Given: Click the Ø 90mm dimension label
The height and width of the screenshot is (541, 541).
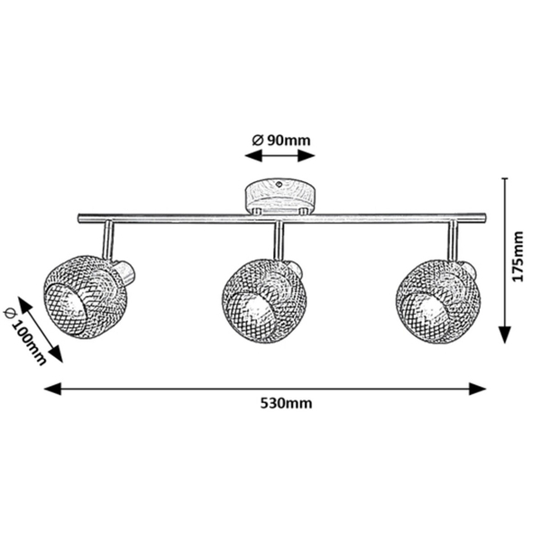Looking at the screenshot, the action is [281, 141].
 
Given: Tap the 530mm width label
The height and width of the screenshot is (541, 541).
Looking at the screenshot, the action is [286, 403].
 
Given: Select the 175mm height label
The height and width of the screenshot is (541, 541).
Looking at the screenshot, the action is [518, 256].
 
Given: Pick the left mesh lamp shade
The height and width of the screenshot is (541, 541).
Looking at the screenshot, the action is [86, 297].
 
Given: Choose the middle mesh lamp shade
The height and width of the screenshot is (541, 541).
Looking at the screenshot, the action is [264, 301].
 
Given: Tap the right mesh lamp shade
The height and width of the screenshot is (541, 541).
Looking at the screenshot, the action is [438, 301].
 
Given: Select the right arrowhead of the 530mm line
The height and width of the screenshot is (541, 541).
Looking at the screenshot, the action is [478, 389].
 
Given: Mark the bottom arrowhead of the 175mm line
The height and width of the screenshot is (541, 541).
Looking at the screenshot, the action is [506, 335].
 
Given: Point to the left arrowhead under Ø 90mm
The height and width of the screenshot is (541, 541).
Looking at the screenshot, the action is [253, 156].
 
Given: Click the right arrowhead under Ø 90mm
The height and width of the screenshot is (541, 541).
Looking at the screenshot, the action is [307, 156].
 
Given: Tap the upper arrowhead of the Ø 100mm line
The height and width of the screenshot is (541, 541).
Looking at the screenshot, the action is [25, 305].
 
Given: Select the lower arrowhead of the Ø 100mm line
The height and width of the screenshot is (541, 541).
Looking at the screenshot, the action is [56, 354].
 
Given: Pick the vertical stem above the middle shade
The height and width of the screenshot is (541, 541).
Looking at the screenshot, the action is [279, 241].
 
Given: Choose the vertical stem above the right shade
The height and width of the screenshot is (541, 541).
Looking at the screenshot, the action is [453, 241].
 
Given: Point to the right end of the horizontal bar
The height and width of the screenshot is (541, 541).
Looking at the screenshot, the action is [485, 217].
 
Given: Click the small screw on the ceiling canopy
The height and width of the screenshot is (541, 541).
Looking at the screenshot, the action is [280, 184].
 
